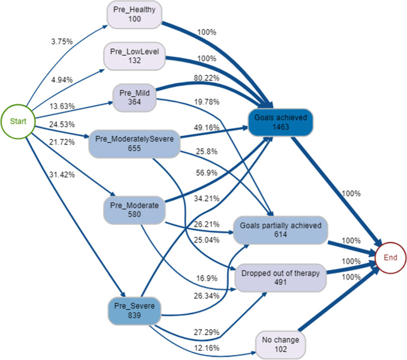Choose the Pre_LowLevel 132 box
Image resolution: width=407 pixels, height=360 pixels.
click(x=134, y=55)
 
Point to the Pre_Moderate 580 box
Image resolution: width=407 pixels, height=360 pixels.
click(x=134, y=210)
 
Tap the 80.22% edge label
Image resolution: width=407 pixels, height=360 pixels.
click(x=207, y=78)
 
